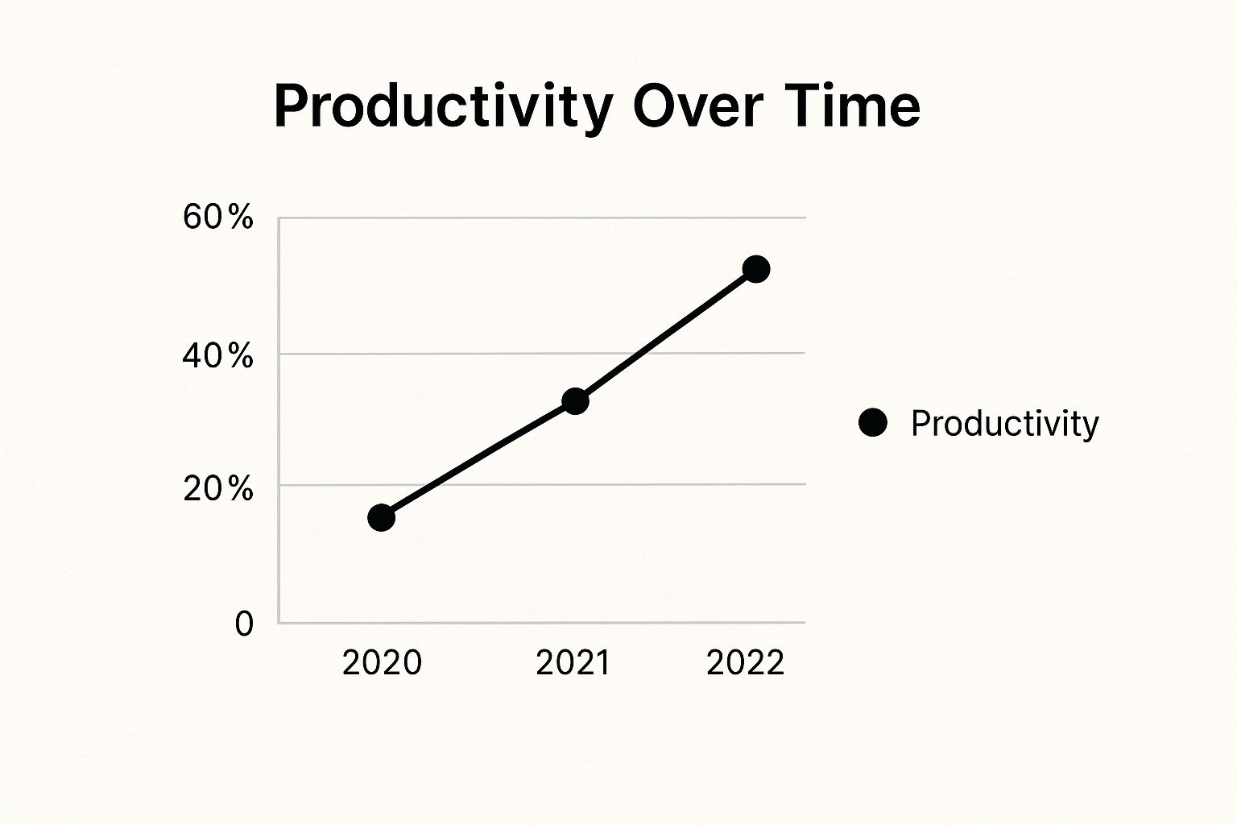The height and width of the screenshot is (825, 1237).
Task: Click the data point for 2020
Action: pos(381,517)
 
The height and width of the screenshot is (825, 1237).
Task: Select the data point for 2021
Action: pos(576,400)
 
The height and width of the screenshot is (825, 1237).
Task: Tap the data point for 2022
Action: pos(756,269)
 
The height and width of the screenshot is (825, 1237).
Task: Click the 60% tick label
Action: pos(218,217)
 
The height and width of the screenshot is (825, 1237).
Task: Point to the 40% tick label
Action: pos(218,355)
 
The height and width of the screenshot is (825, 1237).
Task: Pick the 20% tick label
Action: pos(218,489)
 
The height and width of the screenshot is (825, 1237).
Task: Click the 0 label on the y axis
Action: pos(244,624)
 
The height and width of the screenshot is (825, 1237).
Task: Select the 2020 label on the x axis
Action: pos(383,662)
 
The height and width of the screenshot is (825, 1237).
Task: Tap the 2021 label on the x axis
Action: pos(573,662)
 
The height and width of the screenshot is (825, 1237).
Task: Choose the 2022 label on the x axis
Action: pos(745,662)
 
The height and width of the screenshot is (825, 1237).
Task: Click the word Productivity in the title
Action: pos(444,107)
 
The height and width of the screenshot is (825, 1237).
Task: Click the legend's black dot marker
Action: pos(872,423)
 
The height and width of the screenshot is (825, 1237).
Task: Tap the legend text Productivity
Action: pos(1005,425)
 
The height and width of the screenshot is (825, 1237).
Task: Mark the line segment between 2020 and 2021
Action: pos(478,459)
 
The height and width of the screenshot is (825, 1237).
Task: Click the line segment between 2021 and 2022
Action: pos(665,335)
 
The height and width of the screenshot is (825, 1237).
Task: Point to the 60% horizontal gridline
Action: pos(542,218)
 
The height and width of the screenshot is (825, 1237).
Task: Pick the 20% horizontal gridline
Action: pos(542,485)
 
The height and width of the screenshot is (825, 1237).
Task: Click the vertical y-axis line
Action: pos(279,421)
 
